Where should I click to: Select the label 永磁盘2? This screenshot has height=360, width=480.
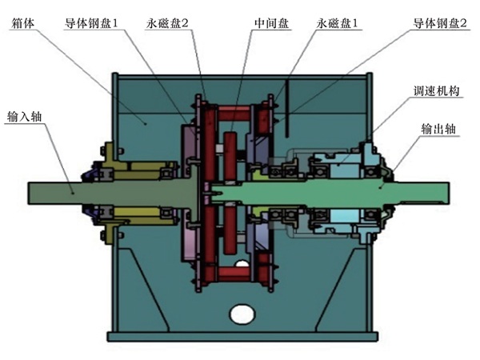[169, 25]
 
